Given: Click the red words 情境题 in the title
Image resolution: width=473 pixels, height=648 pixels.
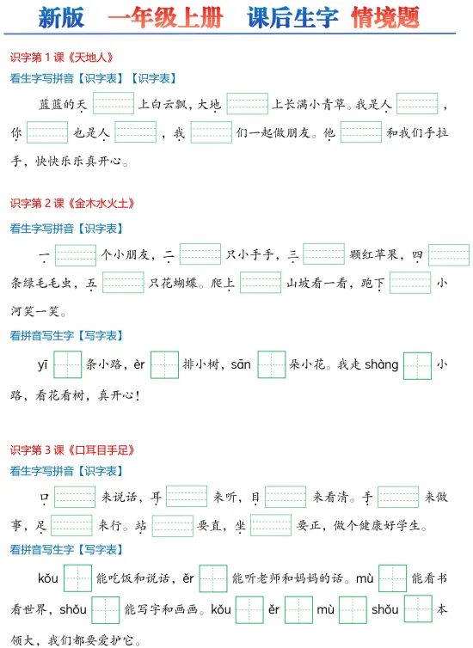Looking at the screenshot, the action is [x=385, y=17].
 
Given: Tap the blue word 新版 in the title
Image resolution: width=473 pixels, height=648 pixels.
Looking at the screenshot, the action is [x=61, y=18].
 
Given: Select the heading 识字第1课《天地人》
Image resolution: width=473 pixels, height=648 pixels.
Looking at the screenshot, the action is [x=62, y=57].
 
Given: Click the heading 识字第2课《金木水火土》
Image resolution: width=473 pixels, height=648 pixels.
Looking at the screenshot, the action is [x=72, y=203].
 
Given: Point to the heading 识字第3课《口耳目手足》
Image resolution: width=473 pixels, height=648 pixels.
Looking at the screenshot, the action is [x=72, y=449].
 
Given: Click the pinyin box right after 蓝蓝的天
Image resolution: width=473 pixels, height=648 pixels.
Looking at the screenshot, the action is [x=114, y=103].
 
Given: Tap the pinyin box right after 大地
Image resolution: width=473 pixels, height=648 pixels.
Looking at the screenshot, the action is [x=248, y=103].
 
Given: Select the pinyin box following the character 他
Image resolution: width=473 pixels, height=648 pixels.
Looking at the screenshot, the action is [x=361, y=132].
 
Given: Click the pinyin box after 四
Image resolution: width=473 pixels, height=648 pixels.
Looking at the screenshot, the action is [x=449, y=254].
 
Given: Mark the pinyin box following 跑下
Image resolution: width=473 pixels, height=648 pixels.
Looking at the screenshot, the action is [x=410, y=283].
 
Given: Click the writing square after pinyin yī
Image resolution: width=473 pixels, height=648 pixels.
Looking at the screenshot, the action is [x=67, y=364].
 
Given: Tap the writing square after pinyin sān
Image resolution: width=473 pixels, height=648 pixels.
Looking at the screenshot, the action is [x=271, y=364].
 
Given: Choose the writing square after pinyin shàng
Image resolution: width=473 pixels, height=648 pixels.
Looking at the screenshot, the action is [x=417, y=365].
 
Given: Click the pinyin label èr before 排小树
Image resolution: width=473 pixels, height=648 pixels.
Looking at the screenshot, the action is [x=139, y=364].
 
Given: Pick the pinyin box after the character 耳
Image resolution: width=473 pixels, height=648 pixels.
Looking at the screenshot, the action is [x=187, y=497].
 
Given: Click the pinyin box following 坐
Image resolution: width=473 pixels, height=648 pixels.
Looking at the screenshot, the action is [x=271, y=525].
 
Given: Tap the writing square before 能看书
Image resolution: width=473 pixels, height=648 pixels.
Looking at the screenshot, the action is [x=392, y=578].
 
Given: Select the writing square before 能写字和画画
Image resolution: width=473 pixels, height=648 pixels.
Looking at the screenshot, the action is [x=106, y=609].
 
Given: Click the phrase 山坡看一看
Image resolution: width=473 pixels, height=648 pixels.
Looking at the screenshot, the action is [x=316, y=283].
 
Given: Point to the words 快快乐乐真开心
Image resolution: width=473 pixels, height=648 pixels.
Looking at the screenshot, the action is [x=78, y=161].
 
